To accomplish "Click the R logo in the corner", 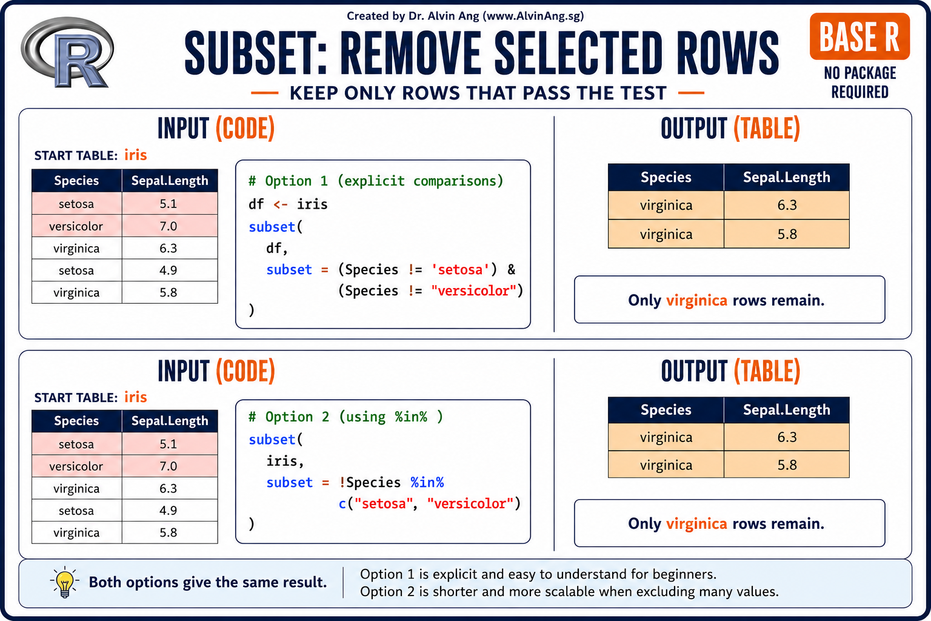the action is [67, 52].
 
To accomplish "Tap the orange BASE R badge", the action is [859, 36].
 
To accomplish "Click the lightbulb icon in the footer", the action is [64, 582].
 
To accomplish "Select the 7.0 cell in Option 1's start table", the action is [169, 226].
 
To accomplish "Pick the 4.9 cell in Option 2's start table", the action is [169, 511].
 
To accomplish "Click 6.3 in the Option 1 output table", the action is [787, 205].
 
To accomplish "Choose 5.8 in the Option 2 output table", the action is [787, 465].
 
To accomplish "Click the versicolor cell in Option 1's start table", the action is [76, 226].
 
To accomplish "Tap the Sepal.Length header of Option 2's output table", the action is [786, 410].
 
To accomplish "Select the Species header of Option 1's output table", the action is [666, 177].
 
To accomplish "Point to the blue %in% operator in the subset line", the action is [427, 482].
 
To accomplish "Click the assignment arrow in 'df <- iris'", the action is [281, 204].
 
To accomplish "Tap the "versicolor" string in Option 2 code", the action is [470, 504].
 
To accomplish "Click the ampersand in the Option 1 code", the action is [511, 269].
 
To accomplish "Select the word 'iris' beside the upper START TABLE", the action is [136, 155].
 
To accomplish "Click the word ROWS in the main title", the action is [727, 54].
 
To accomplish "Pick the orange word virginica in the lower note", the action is [696, 523].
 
